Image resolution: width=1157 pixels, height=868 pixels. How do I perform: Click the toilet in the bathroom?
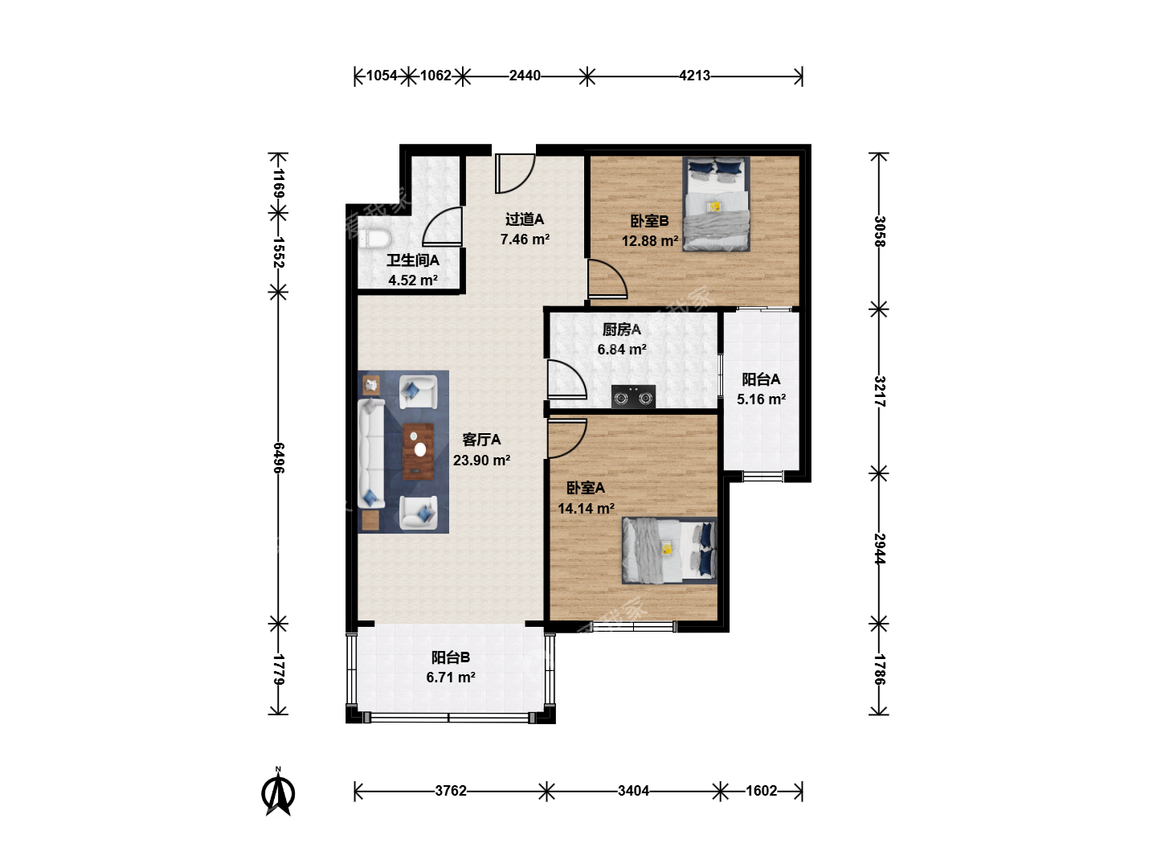[x=374, y=239]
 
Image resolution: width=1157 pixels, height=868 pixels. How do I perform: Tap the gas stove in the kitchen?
[x=633, y=396]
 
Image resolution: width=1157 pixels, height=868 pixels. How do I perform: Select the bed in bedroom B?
[x=716, y=203]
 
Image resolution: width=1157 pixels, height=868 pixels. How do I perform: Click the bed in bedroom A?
[x=669, y=551]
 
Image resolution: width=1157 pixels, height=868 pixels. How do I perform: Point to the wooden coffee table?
[x=419, y=452]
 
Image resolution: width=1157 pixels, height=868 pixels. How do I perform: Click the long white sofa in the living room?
[x=372, y=453]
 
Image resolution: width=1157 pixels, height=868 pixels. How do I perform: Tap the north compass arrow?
[x=278, y=792]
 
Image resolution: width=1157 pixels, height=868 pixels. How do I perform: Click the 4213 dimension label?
[x=694, y=76]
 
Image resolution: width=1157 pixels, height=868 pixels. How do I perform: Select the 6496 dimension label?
[x=279, y=458]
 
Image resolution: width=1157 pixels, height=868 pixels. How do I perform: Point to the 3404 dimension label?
[x=633, y=791]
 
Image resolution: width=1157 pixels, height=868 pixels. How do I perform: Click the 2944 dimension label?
[x=879, y=549]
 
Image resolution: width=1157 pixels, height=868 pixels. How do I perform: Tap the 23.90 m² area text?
[x=481, y=460]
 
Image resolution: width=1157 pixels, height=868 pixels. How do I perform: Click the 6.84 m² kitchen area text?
[x=621, y=350]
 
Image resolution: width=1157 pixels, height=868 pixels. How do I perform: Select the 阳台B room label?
[x=450, y=657]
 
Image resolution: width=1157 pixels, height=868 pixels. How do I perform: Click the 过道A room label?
[x=525, y=219]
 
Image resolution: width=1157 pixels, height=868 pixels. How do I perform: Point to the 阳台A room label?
[x=761, y=379]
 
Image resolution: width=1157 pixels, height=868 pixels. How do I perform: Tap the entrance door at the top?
[x=515, y=173]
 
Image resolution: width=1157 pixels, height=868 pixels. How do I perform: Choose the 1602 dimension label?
[x=761, y=791]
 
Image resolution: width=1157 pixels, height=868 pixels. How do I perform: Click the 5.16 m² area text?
[x=761, y=399]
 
